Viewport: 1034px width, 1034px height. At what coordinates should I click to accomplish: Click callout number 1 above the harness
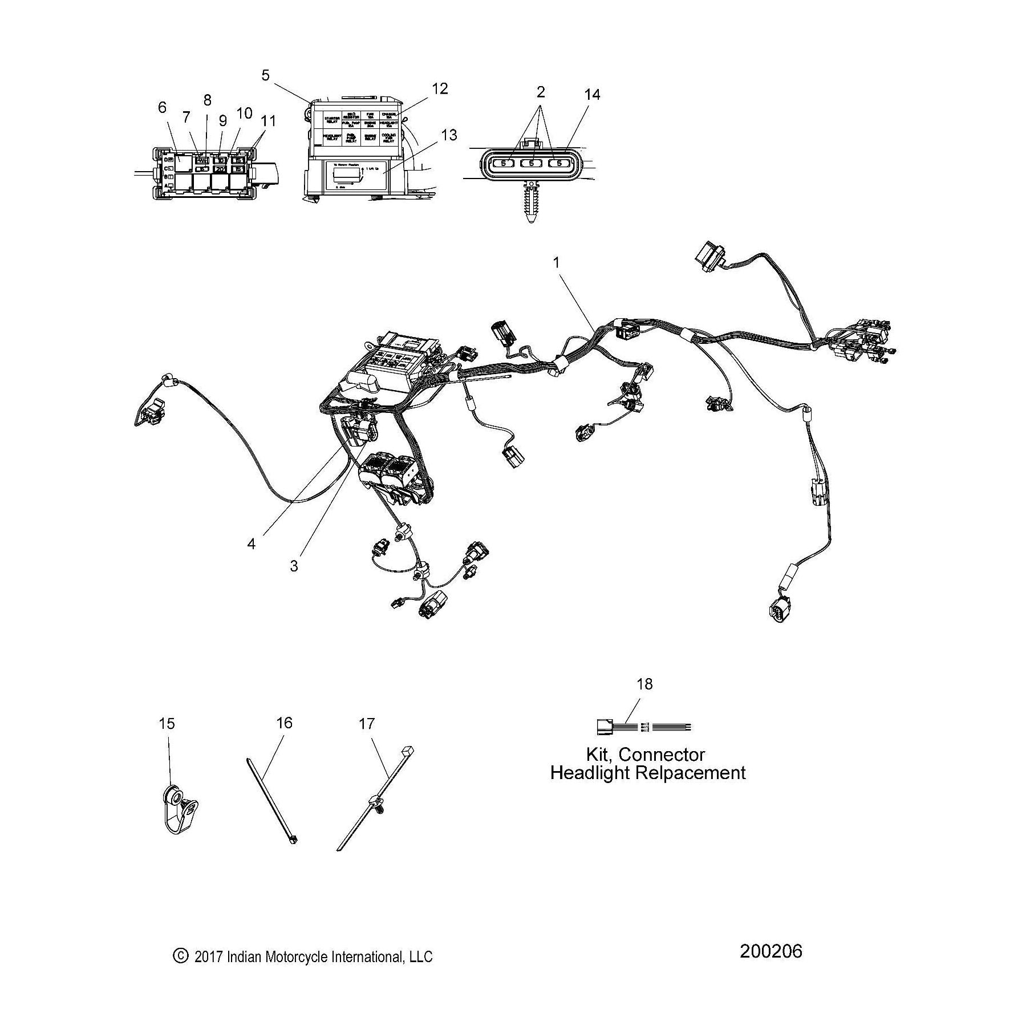click(556, 263)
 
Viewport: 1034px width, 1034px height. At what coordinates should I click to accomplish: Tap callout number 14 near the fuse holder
click(592, 95)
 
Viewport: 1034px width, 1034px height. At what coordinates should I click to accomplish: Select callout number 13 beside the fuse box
click(449, 135)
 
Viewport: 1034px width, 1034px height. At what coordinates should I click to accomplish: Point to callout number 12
click(440, 88)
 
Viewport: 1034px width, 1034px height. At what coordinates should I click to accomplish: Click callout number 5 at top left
click(266, 75)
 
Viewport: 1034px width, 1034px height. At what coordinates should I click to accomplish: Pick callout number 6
click(163, 107)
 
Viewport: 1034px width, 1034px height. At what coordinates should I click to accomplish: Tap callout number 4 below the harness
click(252, 544)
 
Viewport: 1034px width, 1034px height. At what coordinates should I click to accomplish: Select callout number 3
click(294, 566)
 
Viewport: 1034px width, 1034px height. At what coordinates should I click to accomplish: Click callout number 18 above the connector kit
click(644, 684)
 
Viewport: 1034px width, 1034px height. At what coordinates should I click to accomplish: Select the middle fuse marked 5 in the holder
click(532, 164)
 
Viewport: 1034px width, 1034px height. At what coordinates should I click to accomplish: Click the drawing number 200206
click(771, 951)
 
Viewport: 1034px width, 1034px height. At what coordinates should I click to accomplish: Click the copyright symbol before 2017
click(180, 956)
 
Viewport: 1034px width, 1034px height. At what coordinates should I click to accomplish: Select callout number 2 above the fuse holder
click(541, 92)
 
